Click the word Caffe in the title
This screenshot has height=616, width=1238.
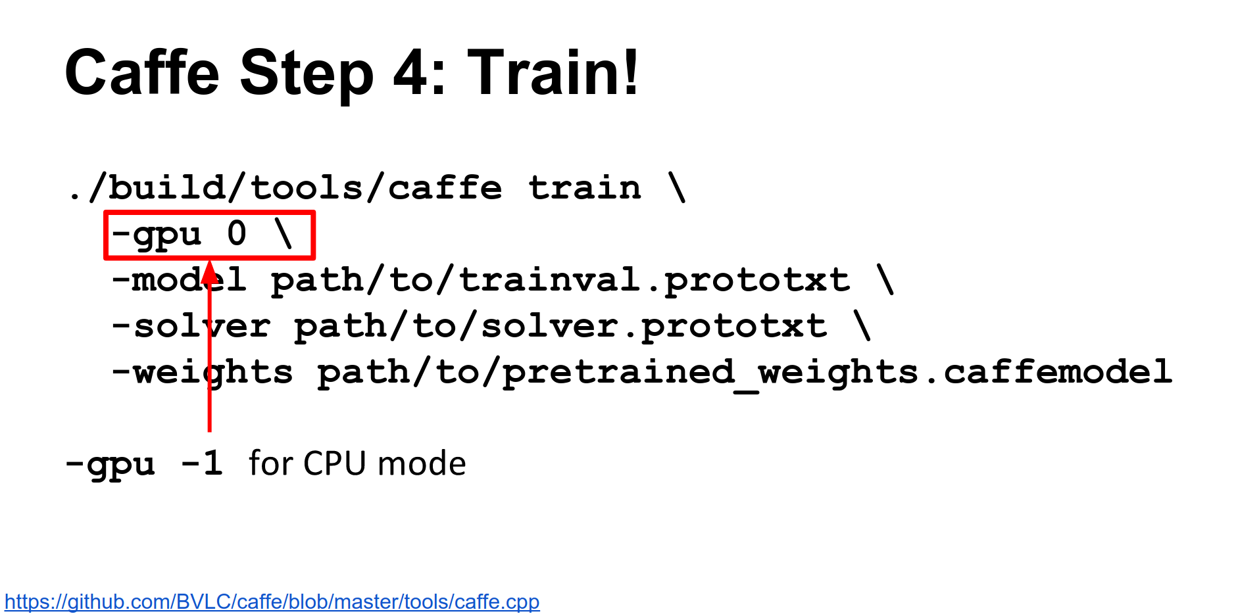(x=142, y=72)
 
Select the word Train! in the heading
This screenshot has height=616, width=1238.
(x=553, y=72)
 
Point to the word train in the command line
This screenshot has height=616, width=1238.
(x=585, y=188)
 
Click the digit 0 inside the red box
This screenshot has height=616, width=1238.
(x=237, y=234)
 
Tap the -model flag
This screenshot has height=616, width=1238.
(x=179, y=280)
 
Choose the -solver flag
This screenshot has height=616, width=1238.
(x=191, y=326)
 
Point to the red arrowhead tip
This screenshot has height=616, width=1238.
(x=209, y=261)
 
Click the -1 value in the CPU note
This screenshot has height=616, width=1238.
(x=202, y=464)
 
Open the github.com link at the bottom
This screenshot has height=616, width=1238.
(x=272, y=602)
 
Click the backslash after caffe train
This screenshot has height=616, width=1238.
(x=677, y=187)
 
